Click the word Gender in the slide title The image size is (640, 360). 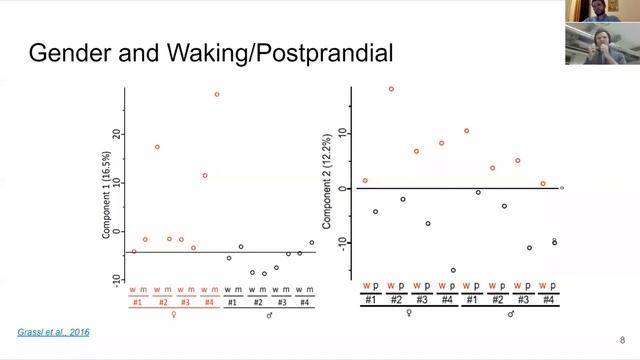click(x=68, y=52)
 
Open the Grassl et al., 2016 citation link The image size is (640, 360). click(x=54, y=331)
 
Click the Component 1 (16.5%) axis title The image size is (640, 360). click(x=107, y=194)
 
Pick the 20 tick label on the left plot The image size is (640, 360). click(x=117, y=134)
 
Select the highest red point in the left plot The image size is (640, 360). click(x=216, y=95)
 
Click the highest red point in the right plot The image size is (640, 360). click(x=391, y=89)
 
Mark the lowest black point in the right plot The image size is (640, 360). click(x=452, y=270)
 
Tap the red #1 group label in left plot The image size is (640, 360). click(x=138, y=302)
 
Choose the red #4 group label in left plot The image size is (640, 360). click(x=210, y=302)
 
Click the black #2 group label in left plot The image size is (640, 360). click(x=258, y=302)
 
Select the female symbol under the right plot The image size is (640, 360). click(x=409, y=313)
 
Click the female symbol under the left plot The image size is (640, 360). click(x=174, y=315)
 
